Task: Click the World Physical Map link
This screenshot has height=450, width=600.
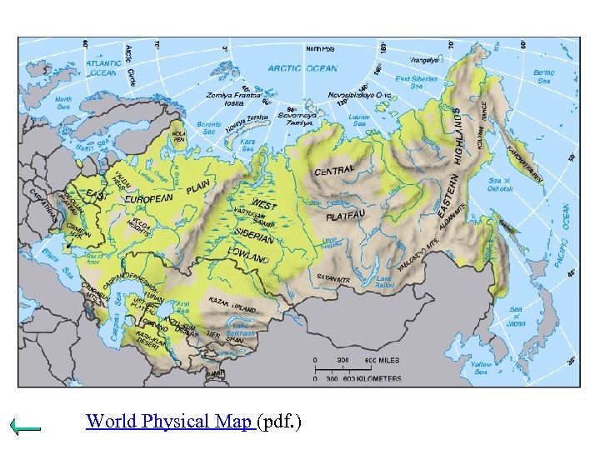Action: [171, 422]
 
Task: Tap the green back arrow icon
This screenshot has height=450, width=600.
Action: [26, 427]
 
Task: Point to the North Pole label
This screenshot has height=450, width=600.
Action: [319, 48]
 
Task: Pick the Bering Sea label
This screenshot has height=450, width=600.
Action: [544, 77]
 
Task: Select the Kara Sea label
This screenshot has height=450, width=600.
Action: [247, 147]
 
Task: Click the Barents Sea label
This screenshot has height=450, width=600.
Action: [208, 126]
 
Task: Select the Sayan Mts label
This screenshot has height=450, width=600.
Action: [332, 279]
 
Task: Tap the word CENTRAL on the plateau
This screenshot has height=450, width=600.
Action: [334, 170]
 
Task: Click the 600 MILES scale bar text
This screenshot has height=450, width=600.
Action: [382, 360]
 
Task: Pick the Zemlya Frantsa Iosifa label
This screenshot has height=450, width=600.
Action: [234, 99]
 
